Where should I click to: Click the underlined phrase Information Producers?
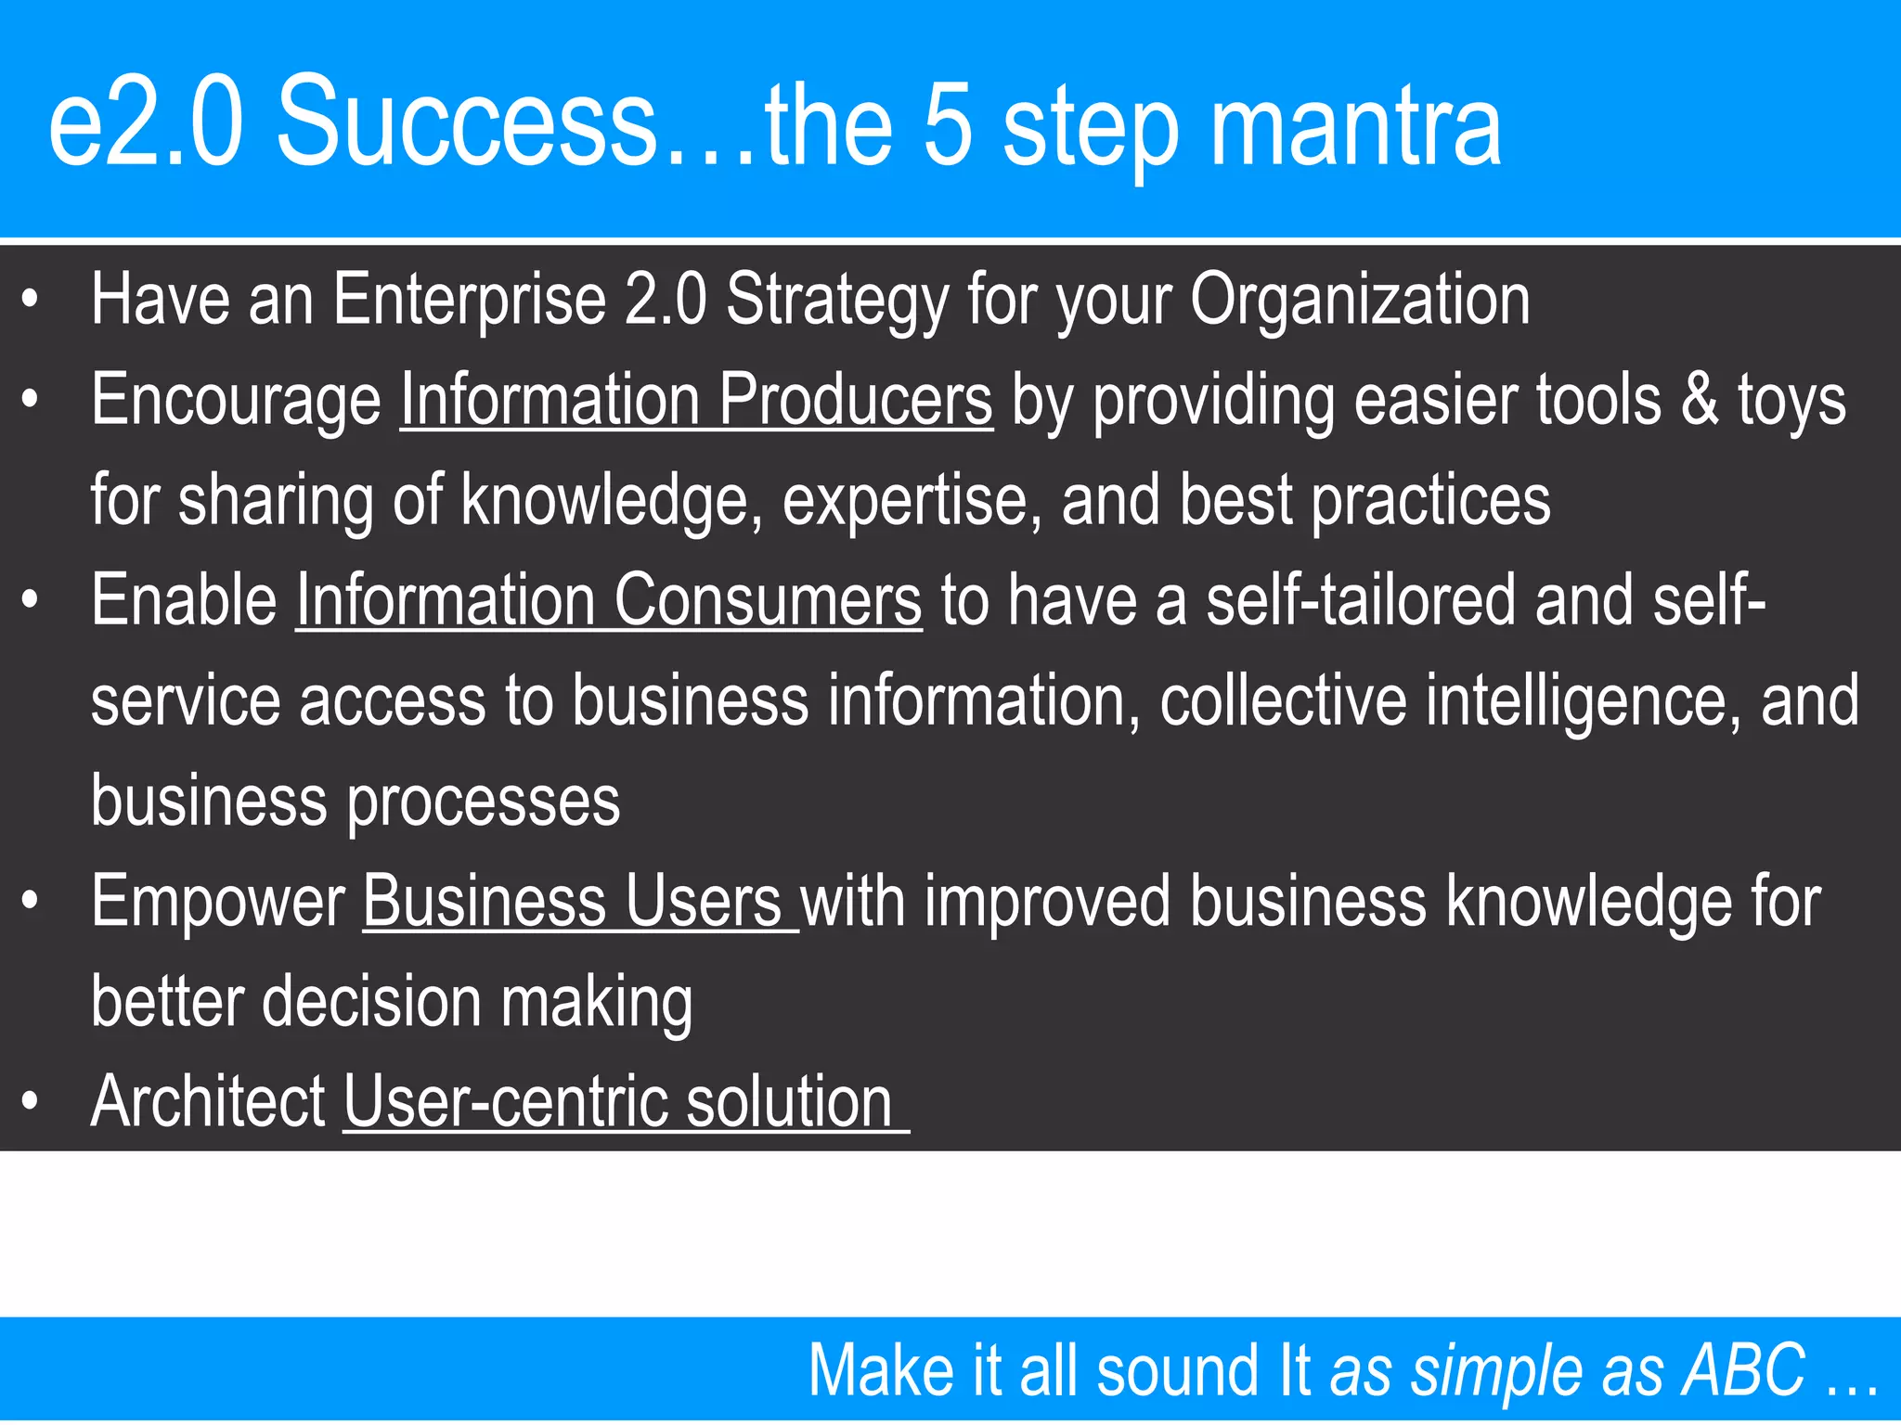(x=696, y=400)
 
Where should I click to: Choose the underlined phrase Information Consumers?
(x=609, y=600)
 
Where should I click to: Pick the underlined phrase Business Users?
(x=579, y=901)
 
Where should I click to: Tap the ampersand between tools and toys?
(x=1700, y=400)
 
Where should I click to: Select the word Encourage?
(x=236, y=402)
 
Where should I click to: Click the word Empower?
(x=218, y=901)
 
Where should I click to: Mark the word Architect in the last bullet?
(x=208, y=1101)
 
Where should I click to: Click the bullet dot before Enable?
(x=31, y=600)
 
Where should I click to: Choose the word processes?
(x=483, y=802)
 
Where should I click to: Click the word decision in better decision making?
(x=371, y=1002)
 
